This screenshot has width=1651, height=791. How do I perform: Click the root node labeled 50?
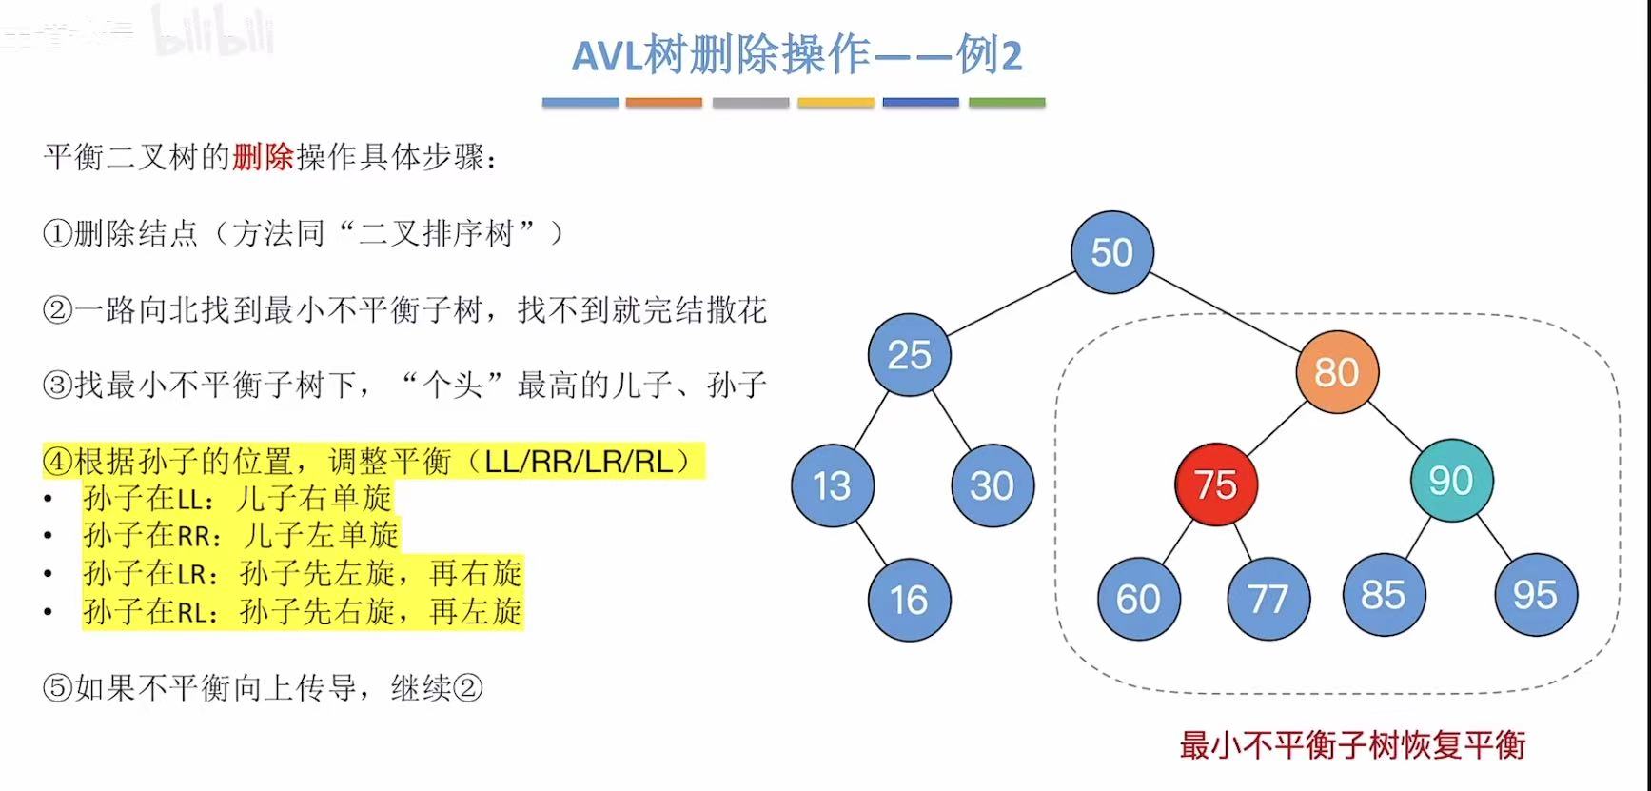point(1111,252)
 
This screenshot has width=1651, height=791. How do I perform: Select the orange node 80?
point(1336,372)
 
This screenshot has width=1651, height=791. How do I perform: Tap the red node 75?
point(1216,484)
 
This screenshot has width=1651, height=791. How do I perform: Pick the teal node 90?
point(1451,481)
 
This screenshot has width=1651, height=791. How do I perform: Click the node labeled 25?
point(909,355)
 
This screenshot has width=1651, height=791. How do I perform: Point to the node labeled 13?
point(832,485)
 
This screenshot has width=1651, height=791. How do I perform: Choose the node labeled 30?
point(992,485)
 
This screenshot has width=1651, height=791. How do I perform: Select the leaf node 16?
point(909,600)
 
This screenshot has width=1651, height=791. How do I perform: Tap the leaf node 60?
point(1138,599)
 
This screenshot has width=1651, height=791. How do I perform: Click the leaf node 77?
point(1268,599)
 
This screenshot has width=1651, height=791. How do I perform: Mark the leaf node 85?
point(1384,595)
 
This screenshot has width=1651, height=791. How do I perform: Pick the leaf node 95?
point(1535,595)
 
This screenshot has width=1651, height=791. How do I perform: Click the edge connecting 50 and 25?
point(1010,304)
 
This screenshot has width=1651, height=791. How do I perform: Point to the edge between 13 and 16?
point(870,543)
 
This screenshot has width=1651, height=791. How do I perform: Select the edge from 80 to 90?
point(1394,426)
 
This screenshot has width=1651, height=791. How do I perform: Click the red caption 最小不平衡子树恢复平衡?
point(1352,744)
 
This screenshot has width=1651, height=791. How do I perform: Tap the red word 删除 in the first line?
point(263,157)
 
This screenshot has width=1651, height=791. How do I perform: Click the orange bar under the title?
point(664,102)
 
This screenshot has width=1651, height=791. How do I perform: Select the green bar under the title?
point(1007,102)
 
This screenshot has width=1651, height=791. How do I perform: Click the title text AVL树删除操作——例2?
point(796,55)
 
